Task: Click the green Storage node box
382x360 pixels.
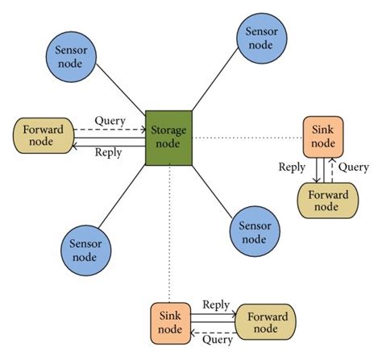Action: [168, 137]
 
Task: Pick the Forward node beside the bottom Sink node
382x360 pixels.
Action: [267, 322]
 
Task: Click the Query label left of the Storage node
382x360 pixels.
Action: [110, 121]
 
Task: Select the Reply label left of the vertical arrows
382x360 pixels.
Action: [292, 168]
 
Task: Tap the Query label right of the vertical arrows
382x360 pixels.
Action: [354, 168]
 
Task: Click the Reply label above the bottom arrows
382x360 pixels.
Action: [216, 304]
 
